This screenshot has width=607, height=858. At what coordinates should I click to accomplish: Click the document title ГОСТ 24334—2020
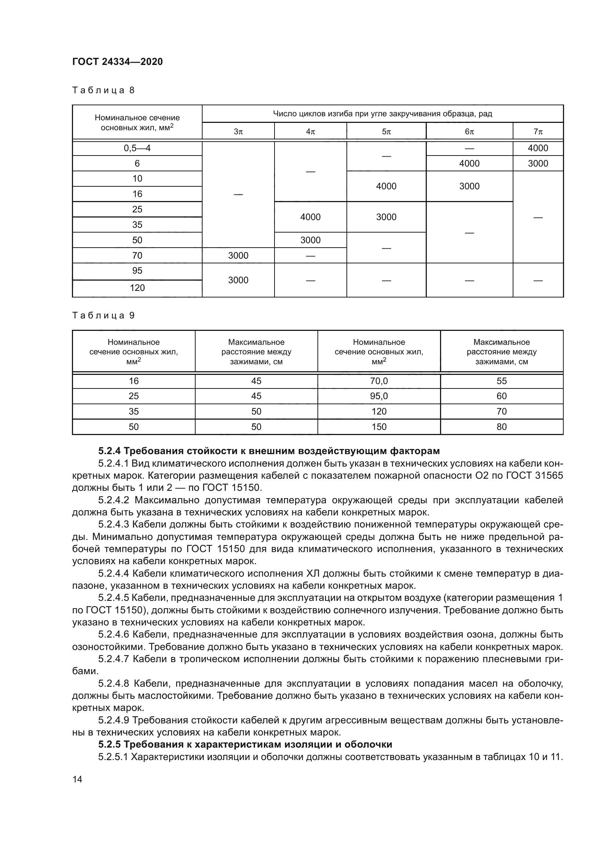tap(117, 62)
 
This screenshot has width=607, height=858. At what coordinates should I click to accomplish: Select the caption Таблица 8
tap(103, 90)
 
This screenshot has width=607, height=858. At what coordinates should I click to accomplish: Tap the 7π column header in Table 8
tap(538, 132)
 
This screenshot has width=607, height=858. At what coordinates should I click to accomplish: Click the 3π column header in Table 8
tap(238, 132)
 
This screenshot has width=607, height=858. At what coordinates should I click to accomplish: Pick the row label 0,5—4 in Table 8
tap(137, 148)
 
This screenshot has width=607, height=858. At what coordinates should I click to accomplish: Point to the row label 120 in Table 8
tap(137, 288)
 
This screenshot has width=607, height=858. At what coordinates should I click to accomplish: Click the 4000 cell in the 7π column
tap(538, 148)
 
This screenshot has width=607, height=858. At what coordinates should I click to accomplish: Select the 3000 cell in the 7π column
tap(538, 163)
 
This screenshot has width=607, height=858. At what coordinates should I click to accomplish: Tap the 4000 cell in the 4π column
tap(310, 217)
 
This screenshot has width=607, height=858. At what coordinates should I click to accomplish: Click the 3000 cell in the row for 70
tap(238, 256)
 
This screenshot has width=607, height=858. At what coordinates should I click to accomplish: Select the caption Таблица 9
tap(103, 315)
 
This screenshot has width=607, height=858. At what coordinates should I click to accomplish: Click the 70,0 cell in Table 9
tap(379, 381)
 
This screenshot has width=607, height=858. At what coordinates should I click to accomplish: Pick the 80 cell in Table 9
tap(502, 427)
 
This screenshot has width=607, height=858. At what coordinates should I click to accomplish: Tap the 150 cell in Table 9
tap(379, 427)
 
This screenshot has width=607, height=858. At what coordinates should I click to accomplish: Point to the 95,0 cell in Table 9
tap(379, 396)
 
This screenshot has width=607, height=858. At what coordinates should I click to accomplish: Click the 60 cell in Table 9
tap(502, 396)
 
